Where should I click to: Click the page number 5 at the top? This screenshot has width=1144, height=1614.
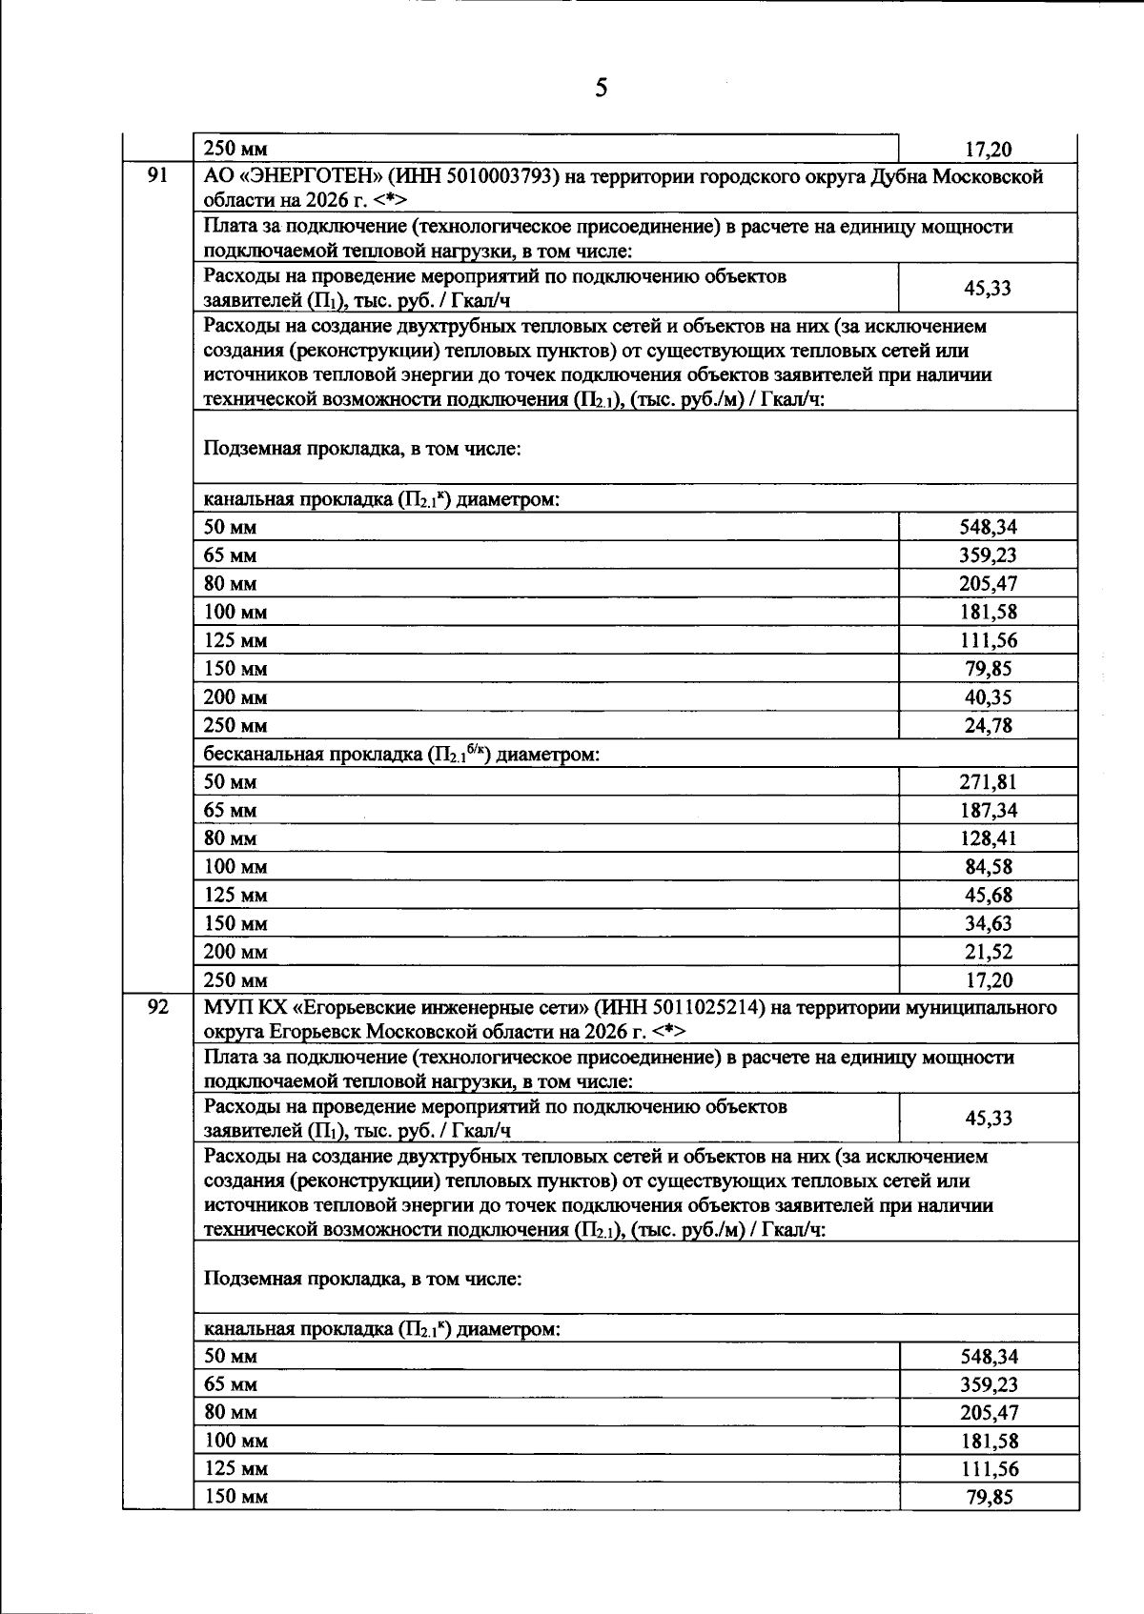coord(601,89)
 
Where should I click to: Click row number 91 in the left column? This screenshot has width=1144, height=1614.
coord(157,175)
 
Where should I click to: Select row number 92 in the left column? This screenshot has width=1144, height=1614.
coord(157,1006)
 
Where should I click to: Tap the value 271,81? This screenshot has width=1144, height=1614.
coord(988,782)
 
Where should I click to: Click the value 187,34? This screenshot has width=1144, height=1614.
coord(988,811)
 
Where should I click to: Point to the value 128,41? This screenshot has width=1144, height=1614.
coord(988,838)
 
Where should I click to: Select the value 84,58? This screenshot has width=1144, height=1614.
coord(989,867)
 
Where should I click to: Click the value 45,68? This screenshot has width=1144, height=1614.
coord(989,896)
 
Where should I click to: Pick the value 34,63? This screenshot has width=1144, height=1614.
coord(989,923)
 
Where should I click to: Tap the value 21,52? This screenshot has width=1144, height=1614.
coord(989,952)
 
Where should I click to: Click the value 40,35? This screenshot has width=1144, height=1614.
coord(989,697)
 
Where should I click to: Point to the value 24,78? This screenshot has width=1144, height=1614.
coord(989,726)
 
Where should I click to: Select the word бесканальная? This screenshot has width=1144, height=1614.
coord(263,755)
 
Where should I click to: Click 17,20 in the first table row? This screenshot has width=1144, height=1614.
coord(989,150)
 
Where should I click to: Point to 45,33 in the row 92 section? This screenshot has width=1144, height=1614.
coord(989,1118)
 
